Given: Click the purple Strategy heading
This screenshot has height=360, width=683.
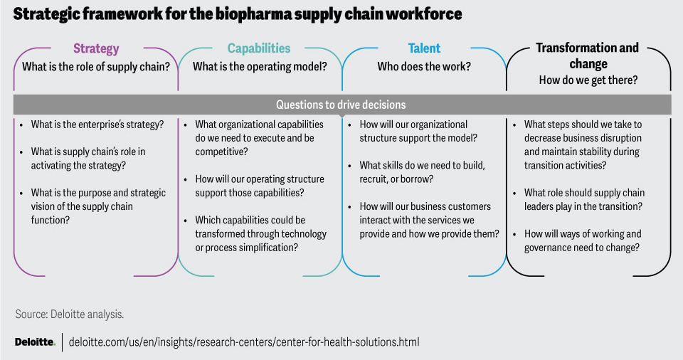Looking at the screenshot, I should pyautogui.click(x=96, y=49).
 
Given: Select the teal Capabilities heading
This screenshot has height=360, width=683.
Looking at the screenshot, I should pyautogui.click(x=259, y=48).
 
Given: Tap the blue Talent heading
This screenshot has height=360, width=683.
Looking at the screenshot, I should pyautogui.click(x=424, y=48).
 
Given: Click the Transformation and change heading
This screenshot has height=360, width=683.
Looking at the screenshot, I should pyautogui.click(x=587, y=55).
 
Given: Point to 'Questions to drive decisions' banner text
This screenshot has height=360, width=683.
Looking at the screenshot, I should pyautogui.click(x=341, y=105).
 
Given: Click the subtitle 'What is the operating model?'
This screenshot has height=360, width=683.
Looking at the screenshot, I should pyautogui.click(x=260, y=67).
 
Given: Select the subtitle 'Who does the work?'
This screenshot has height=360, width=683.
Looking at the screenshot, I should pyautogui.click(x=424, y=67).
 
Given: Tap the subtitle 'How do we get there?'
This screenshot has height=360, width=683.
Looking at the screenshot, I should pyautogui.click(x=588, y=80).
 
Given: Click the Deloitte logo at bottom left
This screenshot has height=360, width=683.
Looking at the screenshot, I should pyautogui.click(x=35, y=342).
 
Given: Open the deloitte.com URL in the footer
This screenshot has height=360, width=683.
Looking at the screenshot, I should pyautogui.click(x=244, y=342).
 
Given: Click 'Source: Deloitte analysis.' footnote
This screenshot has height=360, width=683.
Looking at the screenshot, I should pyautogui.click(x=70, y=314).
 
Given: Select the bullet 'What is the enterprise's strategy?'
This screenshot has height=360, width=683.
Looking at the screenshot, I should pyautogui.click(x=97, y=125).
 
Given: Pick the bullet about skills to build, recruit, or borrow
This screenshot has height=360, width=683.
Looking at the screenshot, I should pyautogui.click(x=422, y=172).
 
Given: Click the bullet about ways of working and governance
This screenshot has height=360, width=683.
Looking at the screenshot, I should pyautogui.click(x=583, y=240).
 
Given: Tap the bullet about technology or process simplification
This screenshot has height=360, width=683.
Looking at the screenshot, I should pyautogui.click(x=260, y=234).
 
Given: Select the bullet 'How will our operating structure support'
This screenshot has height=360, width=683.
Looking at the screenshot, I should pyautogui.click(x=259, y=186).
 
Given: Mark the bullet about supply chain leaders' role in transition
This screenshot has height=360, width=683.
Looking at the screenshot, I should pyautogui.click(x=584, y=199).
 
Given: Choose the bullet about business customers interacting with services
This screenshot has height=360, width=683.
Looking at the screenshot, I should pyautogui.click(x=429, y=220).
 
